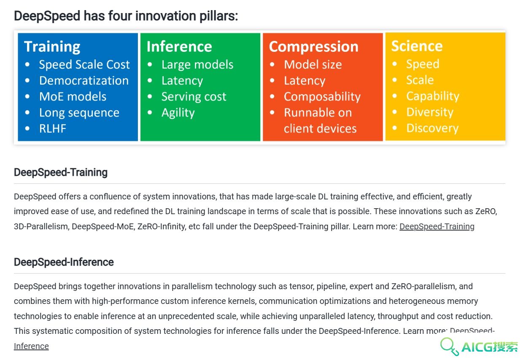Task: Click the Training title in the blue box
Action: click(52, 47)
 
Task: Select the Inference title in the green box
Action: click(179, 46)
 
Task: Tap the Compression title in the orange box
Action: click(314, 47)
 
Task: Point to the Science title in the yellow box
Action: click(417, 46)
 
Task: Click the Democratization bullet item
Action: click(84, 81)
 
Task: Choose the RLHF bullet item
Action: click(53, 129)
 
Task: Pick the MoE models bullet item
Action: click(73, 97)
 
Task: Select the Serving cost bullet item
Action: click(194, 97)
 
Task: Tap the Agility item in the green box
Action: click(178, 113)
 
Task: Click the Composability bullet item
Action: click(322, 97)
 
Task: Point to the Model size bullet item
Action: click(313, 64)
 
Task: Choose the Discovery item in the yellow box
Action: click(432, 128)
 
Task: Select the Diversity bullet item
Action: click(430, 112)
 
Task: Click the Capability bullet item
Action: click(433, 96)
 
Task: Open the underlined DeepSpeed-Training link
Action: click(437, 226)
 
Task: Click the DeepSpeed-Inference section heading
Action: click(64, 262)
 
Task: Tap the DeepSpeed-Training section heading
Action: click(61, 172)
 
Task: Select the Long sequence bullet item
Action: click(79, 113)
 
